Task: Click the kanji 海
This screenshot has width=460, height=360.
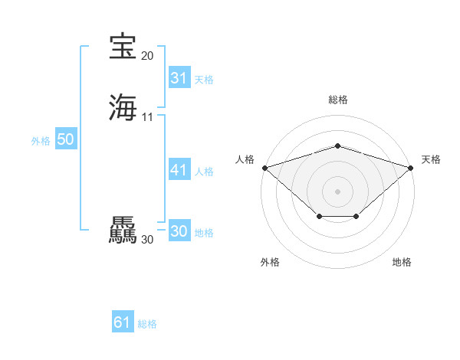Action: tap(123, 107)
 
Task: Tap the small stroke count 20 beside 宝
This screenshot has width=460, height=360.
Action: tap(147, 56)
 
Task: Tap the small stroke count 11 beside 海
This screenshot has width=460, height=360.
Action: tap(147, 117)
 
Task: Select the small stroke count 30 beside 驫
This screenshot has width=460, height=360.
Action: tap(147, 240)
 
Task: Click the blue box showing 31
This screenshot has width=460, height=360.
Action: tap(179, 78)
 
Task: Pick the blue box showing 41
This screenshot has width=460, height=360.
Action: tap(179, 170)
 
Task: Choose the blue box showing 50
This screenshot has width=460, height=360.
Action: tap(65, 139)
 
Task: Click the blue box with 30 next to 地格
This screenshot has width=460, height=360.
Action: tap(179, 231)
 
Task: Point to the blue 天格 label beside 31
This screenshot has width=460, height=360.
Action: tap(204, 80)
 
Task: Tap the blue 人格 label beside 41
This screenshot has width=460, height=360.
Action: tap(204, 172)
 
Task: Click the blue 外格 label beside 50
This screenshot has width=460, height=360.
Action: tap(40, 141)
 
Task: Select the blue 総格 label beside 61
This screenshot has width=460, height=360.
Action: tap(147, 324)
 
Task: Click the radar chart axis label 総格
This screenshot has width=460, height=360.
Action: tap(337, 100)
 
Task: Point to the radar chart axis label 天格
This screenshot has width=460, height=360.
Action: tap(431, 159)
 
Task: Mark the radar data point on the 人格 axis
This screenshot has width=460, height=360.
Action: tap(264, 167)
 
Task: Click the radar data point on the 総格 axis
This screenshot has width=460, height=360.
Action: tap(337, 146)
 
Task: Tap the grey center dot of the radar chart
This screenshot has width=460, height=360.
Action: tap(337, 191)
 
